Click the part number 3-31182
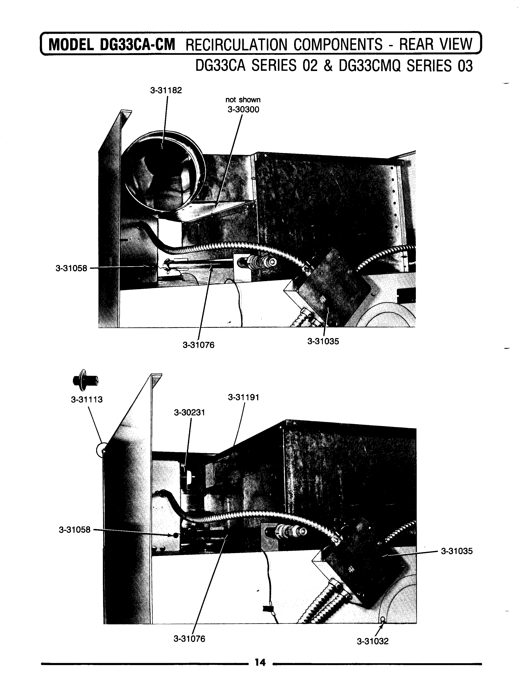[x=166, y=90]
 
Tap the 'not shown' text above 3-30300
[x=243, y=100]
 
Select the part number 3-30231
[x=190, y=412]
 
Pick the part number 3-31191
[x=244, y=398]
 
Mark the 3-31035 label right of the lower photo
[x=457, y=551]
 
